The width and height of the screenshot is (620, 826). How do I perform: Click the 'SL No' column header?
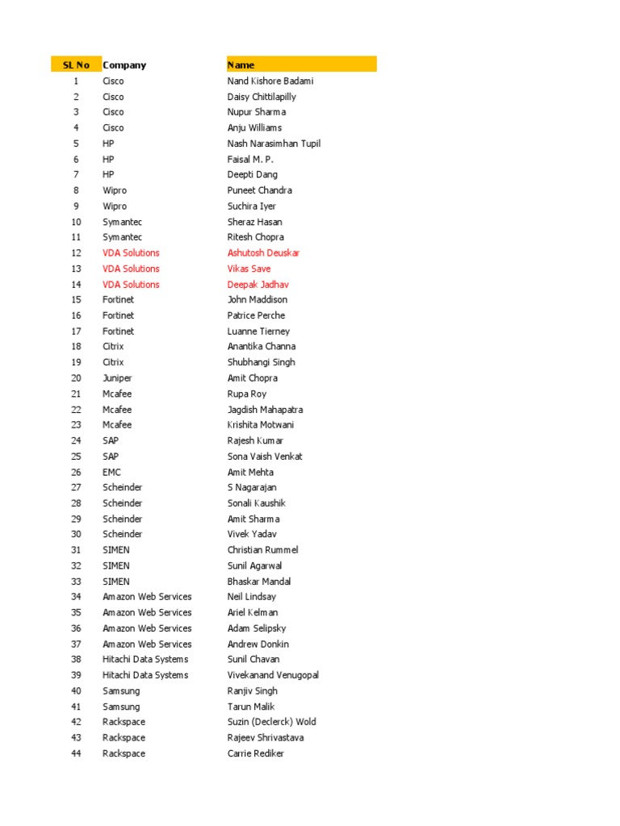pyautogui.click(x=76, y=65)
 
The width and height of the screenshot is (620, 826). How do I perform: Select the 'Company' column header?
pyautogui.click(x=124, y=65)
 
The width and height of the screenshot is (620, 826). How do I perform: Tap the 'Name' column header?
pyautogui.click(x=241, y=65)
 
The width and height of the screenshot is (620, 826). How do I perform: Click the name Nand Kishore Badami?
pyautogui.click(x=270, y=81)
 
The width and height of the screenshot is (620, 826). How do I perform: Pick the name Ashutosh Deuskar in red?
pyautogui.click(x=263, y=252)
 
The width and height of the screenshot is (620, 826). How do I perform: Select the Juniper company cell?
pyautogui.click(x=117, y=378)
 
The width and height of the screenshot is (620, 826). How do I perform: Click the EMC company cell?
pyautogui.click(x=111, y=472)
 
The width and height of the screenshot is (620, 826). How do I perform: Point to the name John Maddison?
pyautogui.click(x=257, y=299)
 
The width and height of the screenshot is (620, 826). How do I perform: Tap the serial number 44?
pyautogui.click(x=76, y=753)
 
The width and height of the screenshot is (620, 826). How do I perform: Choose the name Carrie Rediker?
pyautogui.click(x=255, y=753)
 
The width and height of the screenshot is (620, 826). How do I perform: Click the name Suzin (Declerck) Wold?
pyautogui.click(x=271, y=722)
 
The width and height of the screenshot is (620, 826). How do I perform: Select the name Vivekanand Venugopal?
pyautogui.click(x=273, y=675)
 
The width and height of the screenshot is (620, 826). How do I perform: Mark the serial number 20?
pyautogui.click(x=76, y=378)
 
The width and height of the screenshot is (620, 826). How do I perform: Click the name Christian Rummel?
pyautogui.click(x=262, y=549)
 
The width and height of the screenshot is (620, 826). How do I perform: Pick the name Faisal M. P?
pyautogui.click(x=250, y=159)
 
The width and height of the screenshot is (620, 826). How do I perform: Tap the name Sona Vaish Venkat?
pyautogui.click(x=265, y=456)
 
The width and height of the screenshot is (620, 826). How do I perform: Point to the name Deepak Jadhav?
pyautogui.click(x=258, y=284)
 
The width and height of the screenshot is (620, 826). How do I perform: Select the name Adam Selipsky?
pyautogui.click(x=256, y=628)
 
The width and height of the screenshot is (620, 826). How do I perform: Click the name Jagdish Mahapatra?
pyautogui.click(x=265, y=409)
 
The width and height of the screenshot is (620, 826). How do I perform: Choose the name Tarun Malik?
pyautogui.click(x=251, y=707)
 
